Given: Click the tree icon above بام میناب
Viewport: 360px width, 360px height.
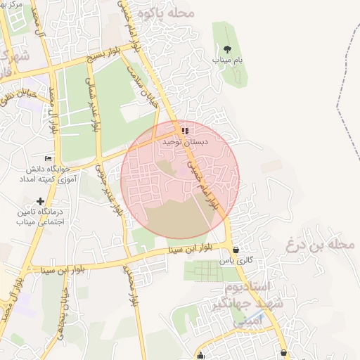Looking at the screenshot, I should [227, 49].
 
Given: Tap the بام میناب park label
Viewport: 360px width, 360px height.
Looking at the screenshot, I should [227, 60].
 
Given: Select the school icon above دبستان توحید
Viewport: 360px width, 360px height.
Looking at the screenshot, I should [185, 131].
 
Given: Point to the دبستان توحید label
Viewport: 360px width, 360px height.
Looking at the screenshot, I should [186, 141].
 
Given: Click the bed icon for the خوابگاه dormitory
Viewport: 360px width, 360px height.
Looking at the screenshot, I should [48, 159].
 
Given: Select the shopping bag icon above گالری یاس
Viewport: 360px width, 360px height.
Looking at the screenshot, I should [235, 250].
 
